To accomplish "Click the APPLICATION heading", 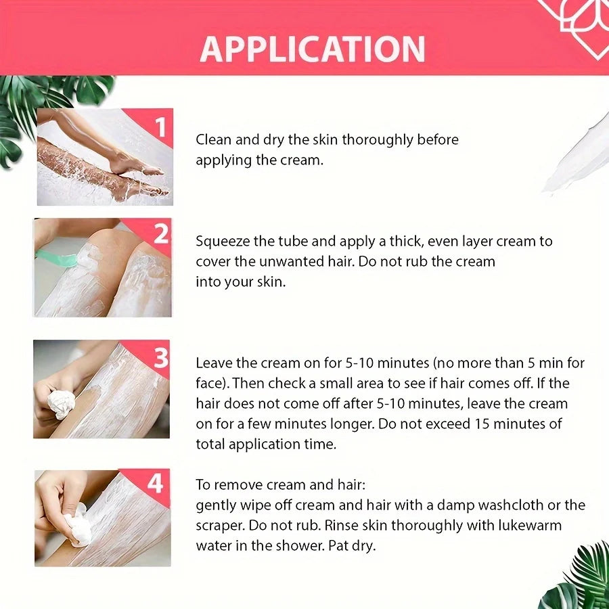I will pyautogui.click(x=312, y=49).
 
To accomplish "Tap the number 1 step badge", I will pyautogui.click(x=160, y=126).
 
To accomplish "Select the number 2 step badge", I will pyautogui.click(x=161, y=234).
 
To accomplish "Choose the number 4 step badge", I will pyautogui.click(x=156, y=484).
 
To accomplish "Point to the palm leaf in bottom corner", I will pyautogui.click(x=579, y=579).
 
